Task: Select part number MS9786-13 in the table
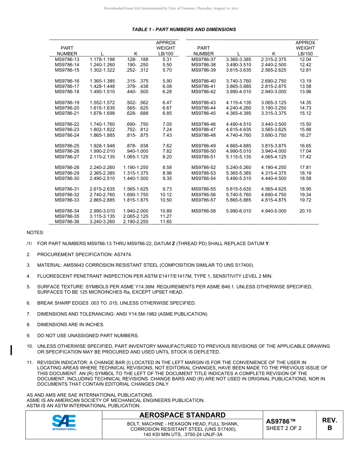pyautogui.click(x=67, y=59)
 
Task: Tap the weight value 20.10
pyautogui.click(x=305, y=211)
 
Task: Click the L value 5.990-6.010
pyautogui.click(x=238, y=211)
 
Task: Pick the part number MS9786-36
pyautogui.click(x=67, y=222)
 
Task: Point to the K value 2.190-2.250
pyautogui.click(x=136, y=222)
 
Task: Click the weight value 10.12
pyautogui.click(x=166, y=195)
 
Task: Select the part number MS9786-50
pyautogui.click(x=203, y=151)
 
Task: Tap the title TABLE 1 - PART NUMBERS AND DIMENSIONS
pyautogui.click(x=184, y=30)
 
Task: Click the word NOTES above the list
pyautogui.click(x=35, y=232)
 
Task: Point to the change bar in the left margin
pyautogui.click(x=12, y=350)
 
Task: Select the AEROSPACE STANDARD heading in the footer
pyautogui.click(x=182, y=415)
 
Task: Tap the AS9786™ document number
pyautogui.click(x=280, y=421)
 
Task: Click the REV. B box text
pyautogui.click(x=329, y=424)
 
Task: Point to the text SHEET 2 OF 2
pyautogui.click(x=284, y=428)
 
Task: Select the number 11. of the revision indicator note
pyautogui.click(x=30, y=363)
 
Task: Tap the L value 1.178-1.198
pyautogui.click(x=102, y=59)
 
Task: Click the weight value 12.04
pyautogui.click(x=305, y=59)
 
